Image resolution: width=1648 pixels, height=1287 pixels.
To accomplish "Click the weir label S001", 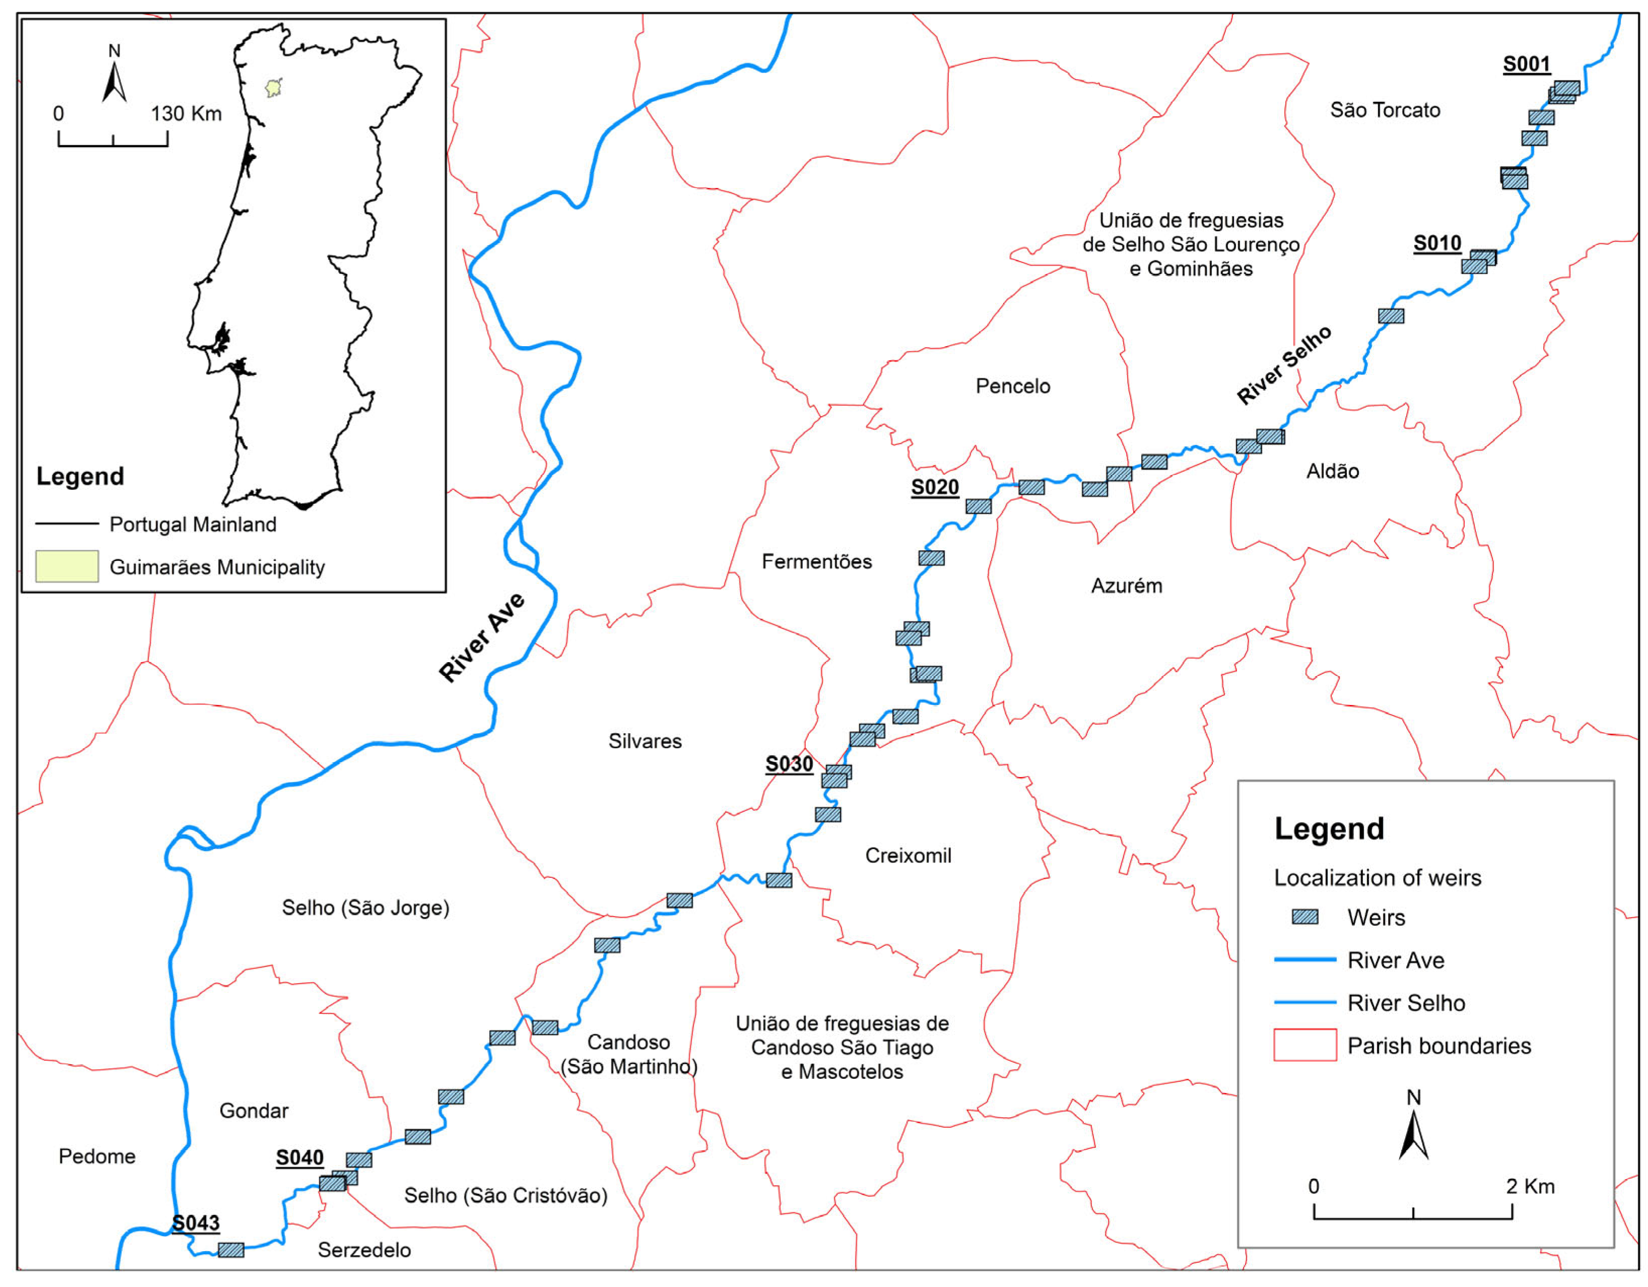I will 1526,64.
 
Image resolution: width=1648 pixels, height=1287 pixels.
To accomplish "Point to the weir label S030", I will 789,764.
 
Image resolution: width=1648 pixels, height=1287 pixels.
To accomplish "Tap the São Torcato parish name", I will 1385,110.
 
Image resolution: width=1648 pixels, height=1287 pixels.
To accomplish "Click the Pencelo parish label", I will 1013,387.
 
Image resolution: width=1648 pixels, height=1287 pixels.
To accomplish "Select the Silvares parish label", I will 644,741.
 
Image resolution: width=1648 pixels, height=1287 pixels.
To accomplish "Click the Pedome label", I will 97,1156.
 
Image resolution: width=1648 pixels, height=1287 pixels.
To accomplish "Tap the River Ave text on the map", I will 482,638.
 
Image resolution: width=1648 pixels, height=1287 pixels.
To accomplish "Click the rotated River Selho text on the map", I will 1283,365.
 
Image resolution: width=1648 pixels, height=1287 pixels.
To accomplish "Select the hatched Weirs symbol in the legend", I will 1304,917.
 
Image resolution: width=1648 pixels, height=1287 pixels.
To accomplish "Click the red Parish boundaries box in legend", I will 1304,1046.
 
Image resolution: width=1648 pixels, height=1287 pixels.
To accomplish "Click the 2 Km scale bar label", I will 1530,1187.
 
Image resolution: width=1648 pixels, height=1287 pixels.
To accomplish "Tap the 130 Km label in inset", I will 186,114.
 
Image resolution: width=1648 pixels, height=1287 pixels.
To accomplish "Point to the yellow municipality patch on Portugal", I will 274,88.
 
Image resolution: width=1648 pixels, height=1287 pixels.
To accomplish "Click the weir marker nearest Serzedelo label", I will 231,1250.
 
